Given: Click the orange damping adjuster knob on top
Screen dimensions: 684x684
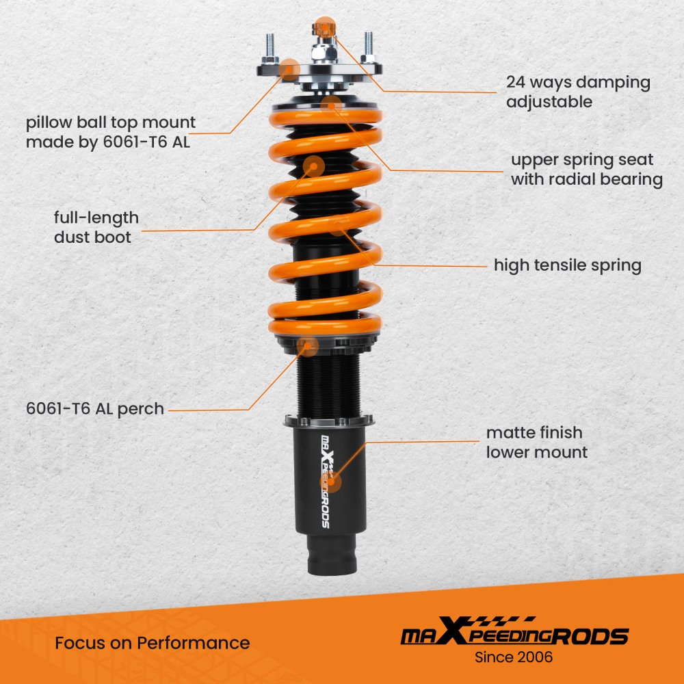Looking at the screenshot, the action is (324, 29).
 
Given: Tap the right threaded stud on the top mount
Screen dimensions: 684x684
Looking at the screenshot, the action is (369, 48).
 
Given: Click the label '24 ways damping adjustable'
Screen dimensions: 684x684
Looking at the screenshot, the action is (578, 92).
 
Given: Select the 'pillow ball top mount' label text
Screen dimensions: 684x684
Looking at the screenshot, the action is (111, 122).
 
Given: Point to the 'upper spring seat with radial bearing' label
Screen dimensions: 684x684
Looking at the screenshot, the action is (587, 169).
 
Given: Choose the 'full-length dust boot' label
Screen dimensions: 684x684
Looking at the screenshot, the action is (96, 227).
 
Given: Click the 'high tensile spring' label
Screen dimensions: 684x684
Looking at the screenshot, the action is (568, 265).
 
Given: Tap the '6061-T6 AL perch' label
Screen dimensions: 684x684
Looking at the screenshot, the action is (95, 409).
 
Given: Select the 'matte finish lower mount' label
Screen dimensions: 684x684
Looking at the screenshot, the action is (536, 443).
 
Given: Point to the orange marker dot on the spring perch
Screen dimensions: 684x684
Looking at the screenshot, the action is (308, 346).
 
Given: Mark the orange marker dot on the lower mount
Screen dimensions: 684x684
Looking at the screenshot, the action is (330, 482).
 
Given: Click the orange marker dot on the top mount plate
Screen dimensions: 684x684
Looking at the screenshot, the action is (289, 70).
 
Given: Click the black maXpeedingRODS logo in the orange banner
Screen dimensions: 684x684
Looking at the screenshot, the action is (514, 631).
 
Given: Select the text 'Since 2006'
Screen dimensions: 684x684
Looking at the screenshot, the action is (514, 657).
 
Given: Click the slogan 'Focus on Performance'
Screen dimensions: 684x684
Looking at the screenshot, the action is (153, 642).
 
